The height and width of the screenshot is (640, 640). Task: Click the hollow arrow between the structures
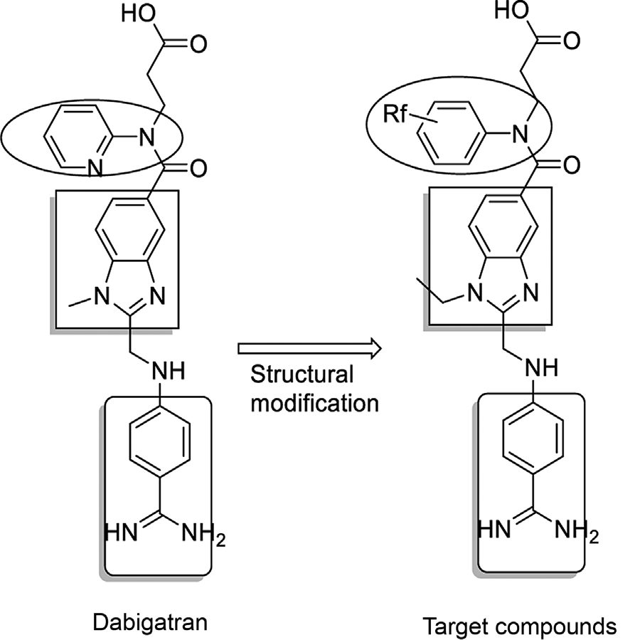pyautogui.click(x=309, y=348)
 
